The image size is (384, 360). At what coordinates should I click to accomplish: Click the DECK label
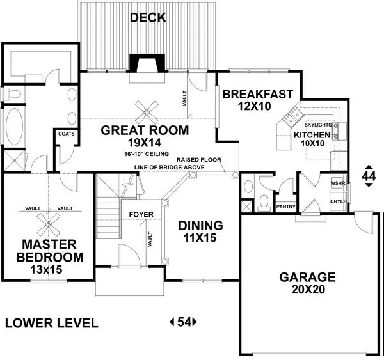(148, 18)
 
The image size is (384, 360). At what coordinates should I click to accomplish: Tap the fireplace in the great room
(147, 63)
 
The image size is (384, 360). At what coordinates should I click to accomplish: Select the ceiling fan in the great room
(147, 113)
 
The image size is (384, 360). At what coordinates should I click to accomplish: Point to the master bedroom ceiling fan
(49, 224)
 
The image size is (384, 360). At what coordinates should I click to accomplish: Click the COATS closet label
(67, 134)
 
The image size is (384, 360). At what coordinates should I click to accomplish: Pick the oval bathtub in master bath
(15, 125)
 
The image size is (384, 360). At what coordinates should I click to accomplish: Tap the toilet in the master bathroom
(12, 94)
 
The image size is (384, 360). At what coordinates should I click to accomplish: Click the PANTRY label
(286, 207)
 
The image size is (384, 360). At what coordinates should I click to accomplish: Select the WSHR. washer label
(338, 183)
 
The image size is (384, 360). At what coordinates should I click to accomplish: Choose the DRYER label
(339, 201)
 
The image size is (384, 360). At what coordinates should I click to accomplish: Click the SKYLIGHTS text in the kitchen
(318, 125)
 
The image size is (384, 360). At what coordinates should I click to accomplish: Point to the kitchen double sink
(292, 117)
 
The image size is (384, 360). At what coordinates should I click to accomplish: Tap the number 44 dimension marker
(369, 176)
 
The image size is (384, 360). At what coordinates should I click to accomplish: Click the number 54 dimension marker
(184, 322)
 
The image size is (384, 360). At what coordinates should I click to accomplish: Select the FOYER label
(141, 215)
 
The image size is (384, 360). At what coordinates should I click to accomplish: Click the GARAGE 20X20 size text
(308, 290)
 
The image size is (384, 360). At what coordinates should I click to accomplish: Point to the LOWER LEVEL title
(52, 323)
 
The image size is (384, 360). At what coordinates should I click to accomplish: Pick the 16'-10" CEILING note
(147, 154)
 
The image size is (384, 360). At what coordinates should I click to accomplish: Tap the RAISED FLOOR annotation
(199, 160)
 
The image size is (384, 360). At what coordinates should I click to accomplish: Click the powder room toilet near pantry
(264, 203)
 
